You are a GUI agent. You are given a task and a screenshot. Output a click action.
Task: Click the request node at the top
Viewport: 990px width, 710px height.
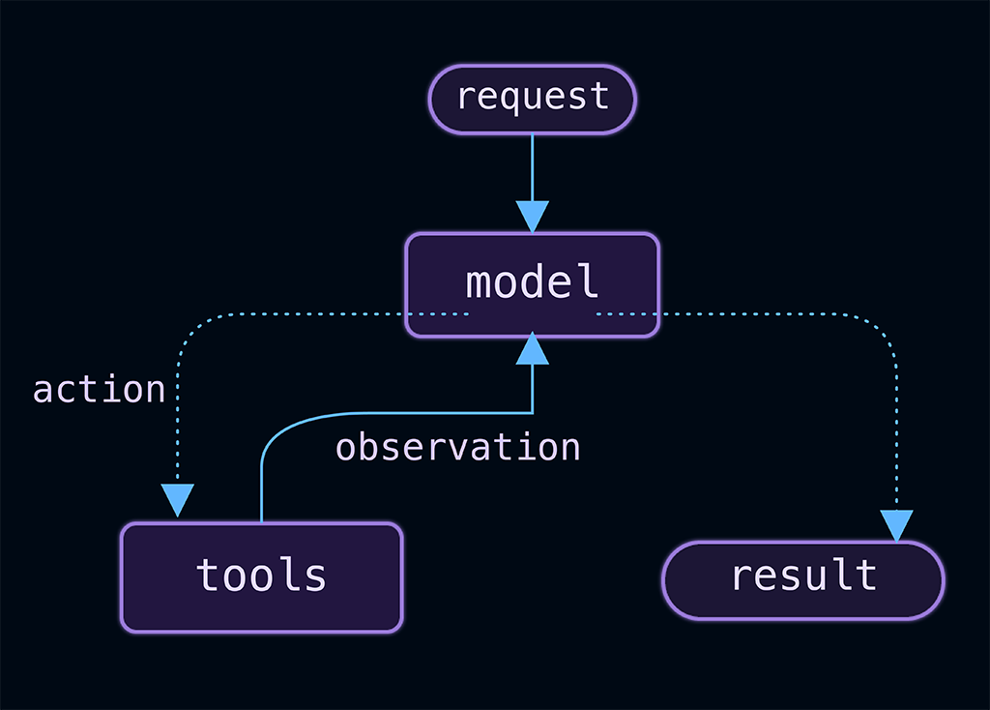tap(533, 100)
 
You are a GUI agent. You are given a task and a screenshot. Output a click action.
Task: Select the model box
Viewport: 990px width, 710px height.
tap(533, 285)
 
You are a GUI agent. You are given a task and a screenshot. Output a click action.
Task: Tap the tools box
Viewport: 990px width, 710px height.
tap(261, 577)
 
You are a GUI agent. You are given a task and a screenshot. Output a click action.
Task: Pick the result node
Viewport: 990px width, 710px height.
tap(803, 580)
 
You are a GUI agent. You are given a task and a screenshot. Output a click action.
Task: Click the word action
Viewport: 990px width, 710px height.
tap(100, 389)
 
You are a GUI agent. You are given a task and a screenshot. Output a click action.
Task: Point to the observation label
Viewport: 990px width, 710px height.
tap(457, 447)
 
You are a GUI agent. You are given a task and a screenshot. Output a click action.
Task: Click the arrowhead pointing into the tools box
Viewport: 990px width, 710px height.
tap(178, 500)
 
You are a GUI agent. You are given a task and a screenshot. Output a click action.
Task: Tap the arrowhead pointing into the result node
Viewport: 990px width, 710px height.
tap(896, 526)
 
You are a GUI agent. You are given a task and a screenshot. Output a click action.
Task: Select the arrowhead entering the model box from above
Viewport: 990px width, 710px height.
tap(533, 217)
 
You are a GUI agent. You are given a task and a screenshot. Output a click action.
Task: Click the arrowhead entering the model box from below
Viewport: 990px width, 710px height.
tap(533, 348)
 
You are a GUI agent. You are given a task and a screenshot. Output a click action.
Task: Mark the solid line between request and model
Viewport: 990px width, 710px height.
tap(533, 168)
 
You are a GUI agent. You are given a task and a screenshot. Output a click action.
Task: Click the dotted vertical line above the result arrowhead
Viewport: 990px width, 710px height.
tap(896, 436)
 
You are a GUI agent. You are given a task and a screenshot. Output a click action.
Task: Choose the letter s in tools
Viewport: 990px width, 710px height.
tap(314, 577)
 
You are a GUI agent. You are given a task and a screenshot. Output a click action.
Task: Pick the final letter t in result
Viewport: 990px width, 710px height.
tap(867, 575)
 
